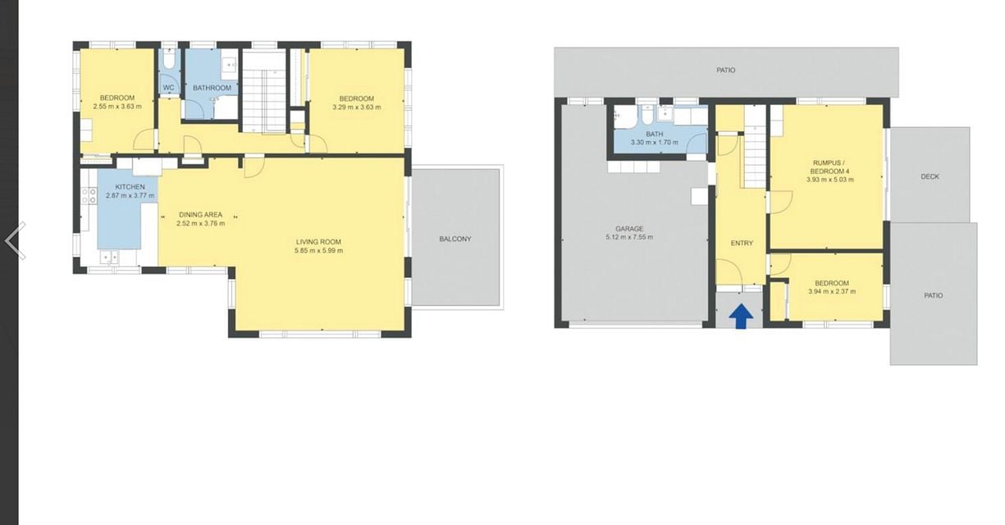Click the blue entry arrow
741,317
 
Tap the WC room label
168,88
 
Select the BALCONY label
455,240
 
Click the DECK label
930,177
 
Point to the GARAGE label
629,229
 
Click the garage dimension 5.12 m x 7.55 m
629,237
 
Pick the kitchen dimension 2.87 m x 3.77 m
130,195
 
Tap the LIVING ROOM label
318,242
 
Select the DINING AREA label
200,215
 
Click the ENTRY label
742,243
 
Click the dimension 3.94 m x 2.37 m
832,292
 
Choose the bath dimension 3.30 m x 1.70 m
655,143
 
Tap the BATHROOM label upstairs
212,88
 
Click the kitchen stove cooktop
89,195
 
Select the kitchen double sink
109,258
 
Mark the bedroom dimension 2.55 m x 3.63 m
117,107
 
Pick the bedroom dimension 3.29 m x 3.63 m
357,107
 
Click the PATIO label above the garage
726,71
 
